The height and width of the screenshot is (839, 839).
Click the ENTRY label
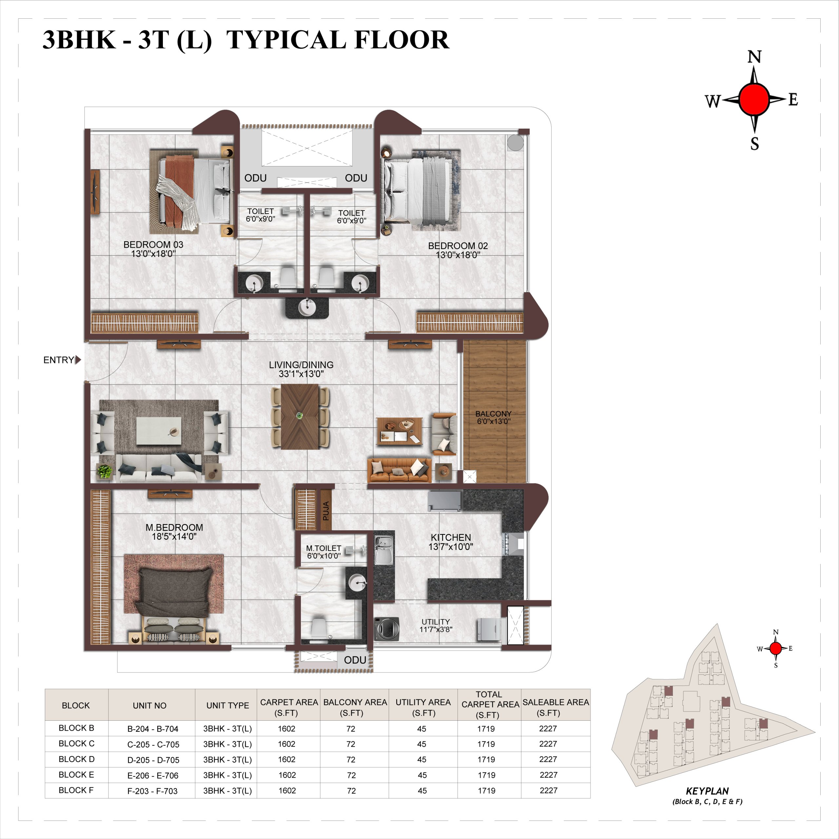pos(59,360)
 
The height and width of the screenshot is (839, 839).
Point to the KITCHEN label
pos(451,537)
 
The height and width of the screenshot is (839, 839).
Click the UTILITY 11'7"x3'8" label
pos(436,625)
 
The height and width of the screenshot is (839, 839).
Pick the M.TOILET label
pos(323,549)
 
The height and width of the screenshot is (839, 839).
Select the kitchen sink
pos(384,550)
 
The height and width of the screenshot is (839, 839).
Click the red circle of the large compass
pos(754,99)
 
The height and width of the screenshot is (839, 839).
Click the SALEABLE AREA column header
pos(556,708)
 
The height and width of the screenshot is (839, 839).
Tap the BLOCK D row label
pos(76,759)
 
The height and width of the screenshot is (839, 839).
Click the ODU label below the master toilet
pos(355,660)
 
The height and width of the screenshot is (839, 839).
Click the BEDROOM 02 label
pos(458,246)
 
